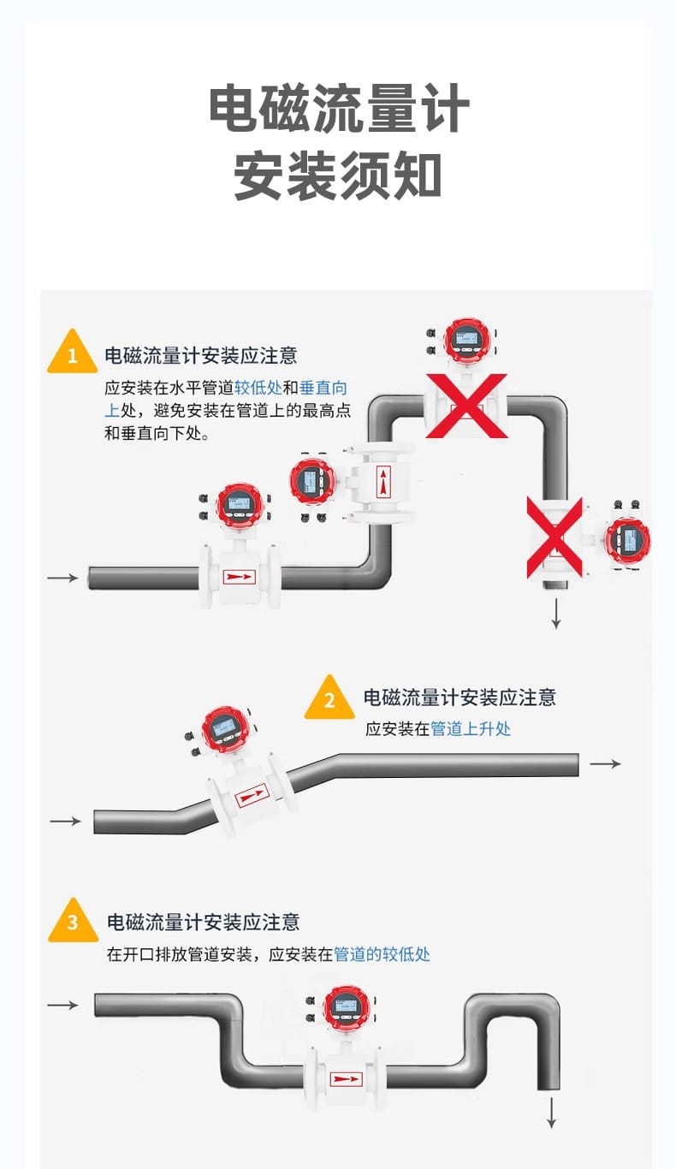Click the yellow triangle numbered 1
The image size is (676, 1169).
coord(72,353)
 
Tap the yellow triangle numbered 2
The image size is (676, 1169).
coord(329,699)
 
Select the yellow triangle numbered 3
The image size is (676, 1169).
coord(73,923)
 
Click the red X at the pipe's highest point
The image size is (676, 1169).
coord(466,406)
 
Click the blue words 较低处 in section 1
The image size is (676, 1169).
coord(258,386)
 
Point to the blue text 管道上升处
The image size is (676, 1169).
coord(471,729)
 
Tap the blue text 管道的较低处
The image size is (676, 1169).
coord(382,953)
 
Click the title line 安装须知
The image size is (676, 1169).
coord(338,176)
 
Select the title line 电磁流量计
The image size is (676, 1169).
coord(339,109)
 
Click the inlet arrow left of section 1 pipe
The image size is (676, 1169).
coord(62,579)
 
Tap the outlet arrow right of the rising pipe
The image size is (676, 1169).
coord(606,763)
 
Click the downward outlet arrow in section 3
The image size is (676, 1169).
coord(552,1112)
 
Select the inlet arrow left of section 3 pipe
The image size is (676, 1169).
coord(62,1005)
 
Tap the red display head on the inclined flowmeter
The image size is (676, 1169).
coord(224,728)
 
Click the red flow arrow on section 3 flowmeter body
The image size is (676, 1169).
coord(346,1079)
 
